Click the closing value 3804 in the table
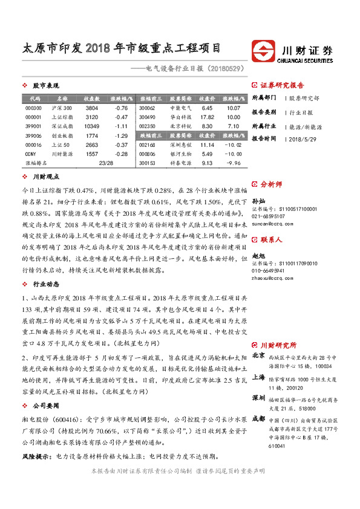tap(91, 108)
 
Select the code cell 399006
tap(34, 136)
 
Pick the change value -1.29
tap(122, 136)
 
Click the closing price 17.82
tap(207, 117)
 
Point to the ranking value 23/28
tap(106, 163)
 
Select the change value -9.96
tap(234, 163)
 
